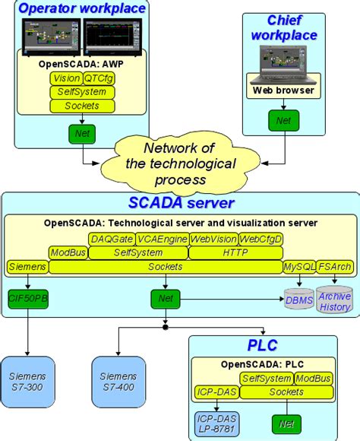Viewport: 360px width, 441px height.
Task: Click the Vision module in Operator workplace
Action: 66,78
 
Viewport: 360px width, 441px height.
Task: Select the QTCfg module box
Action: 99,78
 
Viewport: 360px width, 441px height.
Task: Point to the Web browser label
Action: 283,90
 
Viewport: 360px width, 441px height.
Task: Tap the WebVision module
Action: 213,239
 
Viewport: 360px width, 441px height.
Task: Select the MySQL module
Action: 297,267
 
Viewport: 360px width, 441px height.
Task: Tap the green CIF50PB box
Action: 28,299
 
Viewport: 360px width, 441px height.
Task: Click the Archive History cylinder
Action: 335,301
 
